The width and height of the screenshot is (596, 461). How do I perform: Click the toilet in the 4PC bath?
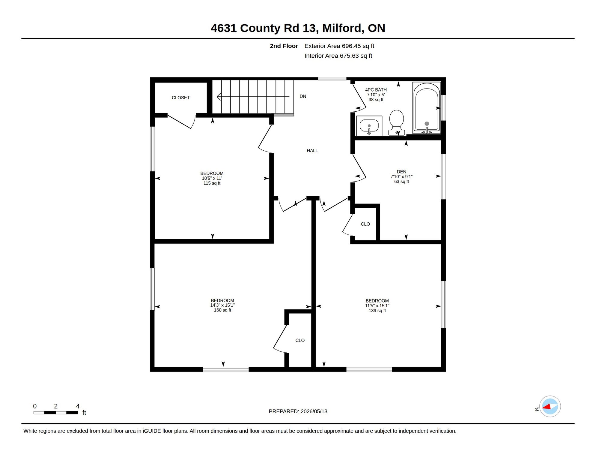point(396,122)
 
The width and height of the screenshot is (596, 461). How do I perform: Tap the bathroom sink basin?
point(369,126)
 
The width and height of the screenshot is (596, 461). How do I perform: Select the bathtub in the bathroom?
point(427,108)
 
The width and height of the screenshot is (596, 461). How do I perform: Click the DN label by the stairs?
point(303,96)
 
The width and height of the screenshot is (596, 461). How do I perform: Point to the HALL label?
point(312,151)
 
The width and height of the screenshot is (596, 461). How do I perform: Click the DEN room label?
point(401,172)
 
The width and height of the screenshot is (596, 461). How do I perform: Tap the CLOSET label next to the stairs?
point(180,98)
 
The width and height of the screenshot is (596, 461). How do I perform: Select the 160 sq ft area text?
point(222,310)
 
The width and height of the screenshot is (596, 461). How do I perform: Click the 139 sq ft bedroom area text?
point(377,311)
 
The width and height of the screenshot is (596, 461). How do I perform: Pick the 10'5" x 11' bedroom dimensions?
point(212,178)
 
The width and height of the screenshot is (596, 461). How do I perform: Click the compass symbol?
point(550,406)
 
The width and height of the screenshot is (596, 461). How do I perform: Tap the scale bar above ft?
point(56,413)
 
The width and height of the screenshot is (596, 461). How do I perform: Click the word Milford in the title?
point(341,28)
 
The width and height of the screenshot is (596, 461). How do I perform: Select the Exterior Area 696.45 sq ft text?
point(339,46)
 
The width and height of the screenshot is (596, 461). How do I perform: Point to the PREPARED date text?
point(298,411)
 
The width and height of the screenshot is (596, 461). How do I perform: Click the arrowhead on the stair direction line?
point(219,97)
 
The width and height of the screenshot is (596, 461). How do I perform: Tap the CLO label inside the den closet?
point(365,224)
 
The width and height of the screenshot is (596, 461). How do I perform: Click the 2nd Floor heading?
point(284,46)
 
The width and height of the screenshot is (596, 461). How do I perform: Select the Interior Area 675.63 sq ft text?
point(338,56)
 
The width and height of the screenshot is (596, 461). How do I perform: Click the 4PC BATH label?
point(376,90)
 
